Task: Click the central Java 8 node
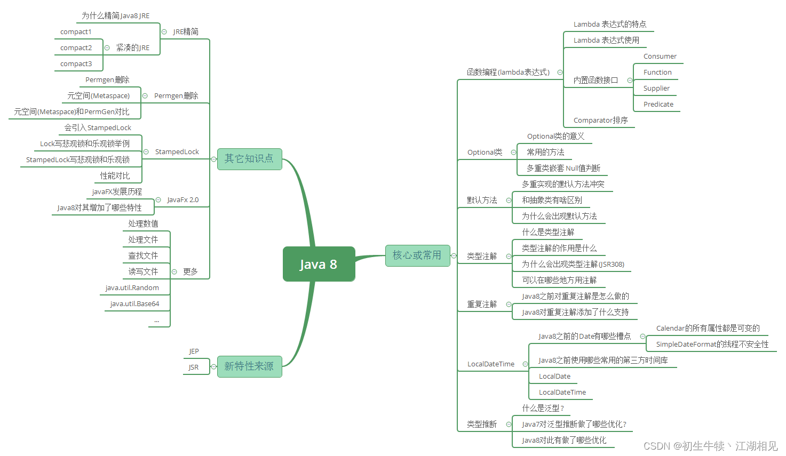319,264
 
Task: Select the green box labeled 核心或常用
417,255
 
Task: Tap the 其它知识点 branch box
249,159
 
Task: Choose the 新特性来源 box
249,366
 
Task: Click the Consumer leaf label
660,57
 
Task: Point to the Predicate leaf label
658,105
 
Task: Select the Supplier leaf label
656,89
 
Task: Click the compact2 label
76,48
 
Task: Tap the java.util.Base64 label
134,304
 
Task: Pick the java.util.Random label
132,288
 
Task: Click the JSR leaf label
193,367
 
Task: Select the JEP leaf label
194,351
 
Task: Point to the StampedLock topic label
177,152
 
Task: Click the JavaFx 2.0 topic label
182,200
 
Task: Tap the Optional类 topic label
485,153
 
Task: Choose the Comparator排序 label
600,121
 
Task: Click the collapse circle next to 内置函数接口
630,81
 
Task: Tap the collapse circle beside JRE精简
164,32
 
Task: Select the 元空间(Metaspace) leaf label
98,96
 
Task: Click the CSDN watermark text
710,446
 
